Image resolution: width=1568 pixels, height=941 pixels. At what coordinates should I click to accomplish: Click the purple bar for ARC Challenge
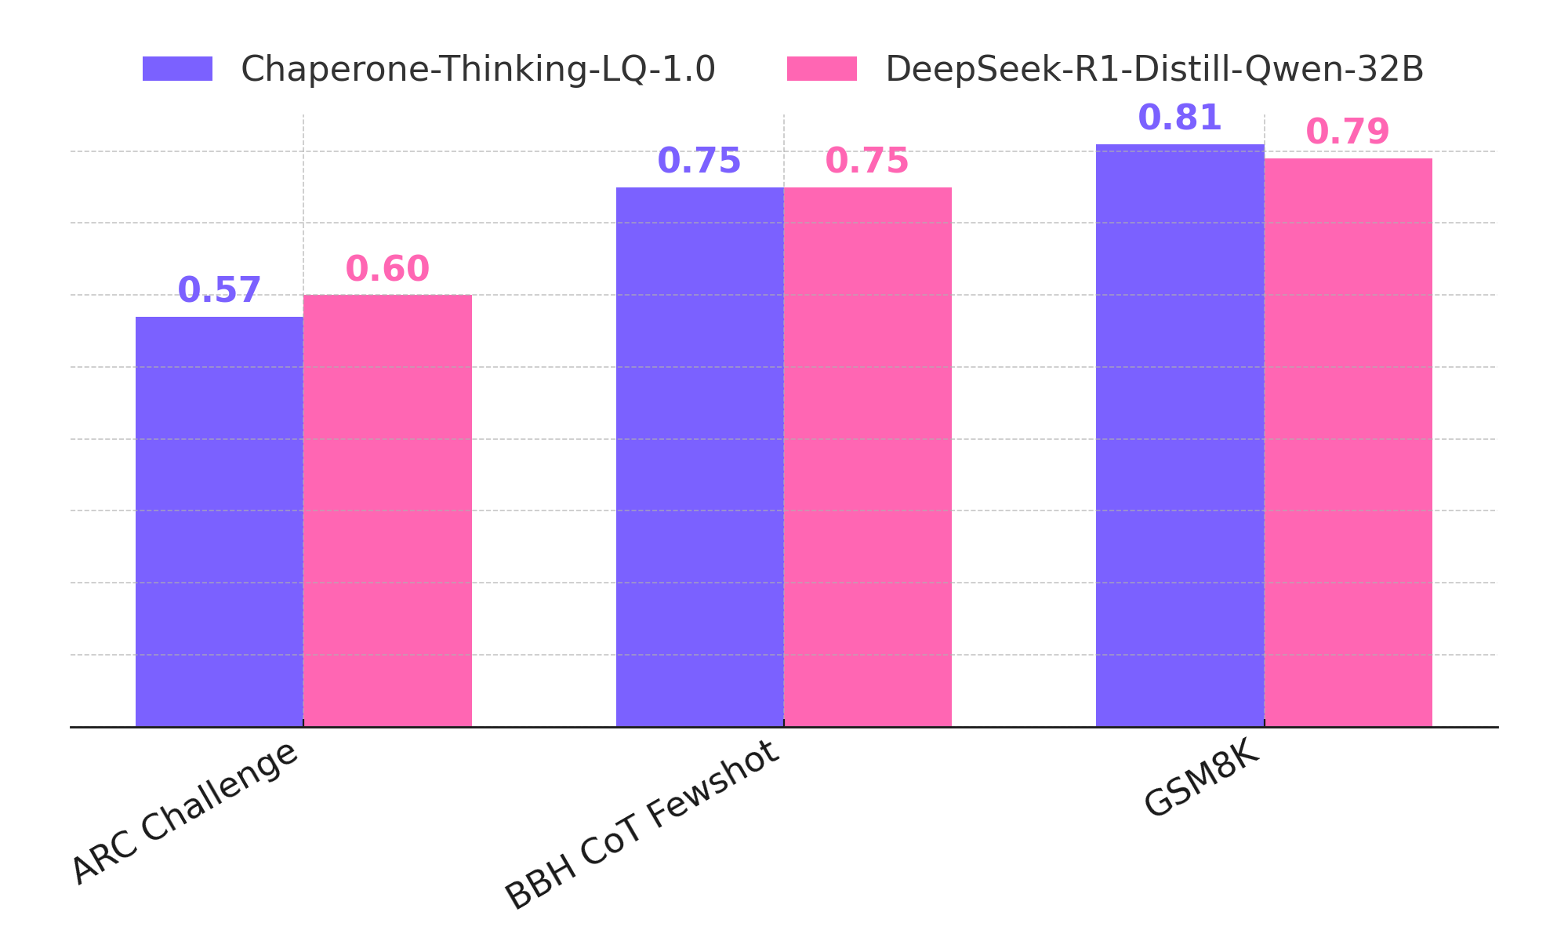[220, 521]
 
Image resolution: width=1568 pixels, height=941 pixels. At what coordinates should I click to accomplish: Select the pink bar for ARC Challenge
[387, 510]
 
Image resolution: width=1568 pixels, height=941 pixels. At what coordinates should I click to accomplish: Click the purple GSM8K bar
[1180, 435]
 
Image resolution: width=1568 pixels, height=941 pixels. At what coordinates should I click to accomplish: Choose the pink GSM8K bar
[1348, 442]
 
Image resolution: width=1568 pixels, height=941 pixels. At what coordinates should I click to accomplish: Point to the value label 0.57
[220, 291]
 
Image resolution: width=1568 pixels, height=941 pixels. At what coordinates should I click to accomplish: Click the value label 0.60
[387, 269]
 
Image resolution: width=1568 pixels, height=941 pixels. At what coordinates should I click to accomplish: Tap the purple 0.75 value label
[699, 162]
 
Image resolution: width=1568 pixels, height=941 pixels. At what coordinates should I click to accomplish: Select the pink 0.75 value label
[867, 162]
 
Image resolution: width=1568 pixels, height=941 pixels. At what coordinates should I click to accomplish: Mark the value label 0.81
[1180, 118]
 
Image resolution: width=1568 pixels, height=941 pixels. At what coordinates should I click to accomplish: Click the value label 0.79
[1348, 132]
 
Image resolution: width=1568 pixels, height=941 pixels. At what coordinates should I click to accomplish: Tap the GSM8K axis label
[1202, 779]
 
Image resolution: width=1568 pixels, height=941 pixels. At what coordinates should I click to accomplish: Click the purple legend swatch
[177, 69]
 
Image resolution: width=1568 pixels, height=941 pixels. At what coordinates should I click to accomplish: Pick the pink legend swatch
[822, 69]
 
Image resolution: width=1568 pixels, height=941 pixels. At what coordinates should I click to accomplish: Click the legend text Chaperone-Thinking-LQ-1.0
[477, 70]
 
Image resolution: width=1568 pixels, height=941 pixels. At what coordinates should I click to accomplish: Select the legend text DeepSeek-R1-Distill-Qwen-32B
[1154, 70]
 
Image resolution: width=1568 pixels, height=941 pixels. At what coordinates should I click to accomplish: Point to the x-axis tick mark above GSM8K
[1264, 723]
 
